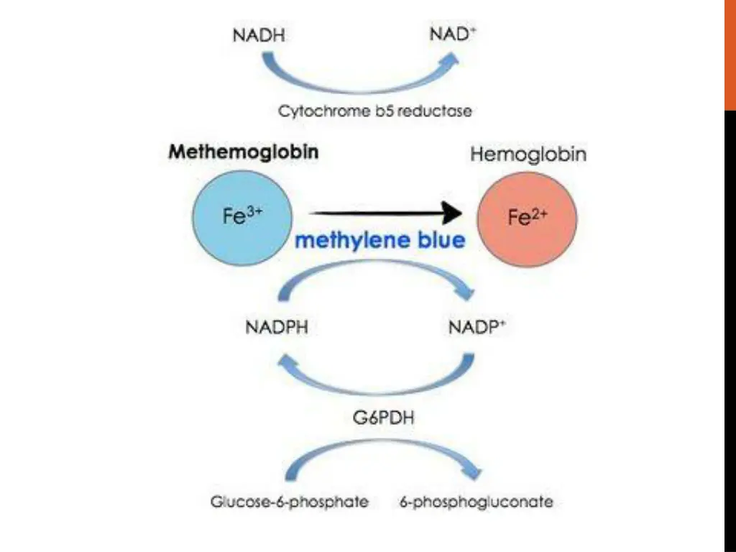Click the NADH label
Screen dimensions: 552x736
(259, 34)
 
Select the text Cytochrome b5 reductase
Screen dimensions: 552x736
(375, 111)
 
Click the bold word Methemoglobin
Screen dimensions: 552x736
(244, 152)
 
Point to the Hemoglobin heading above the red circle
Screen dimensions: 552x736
(528, 154)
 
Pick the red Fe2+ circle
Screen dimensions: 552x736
(528, 217)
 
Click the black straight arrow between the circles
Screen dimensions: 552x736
(385, 212)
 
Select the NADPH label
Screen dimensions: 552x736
(277, 328)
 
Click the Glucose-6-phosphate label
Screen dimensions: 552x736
(289, 502)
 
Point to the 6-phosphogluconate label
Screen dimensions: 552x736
(477, 502)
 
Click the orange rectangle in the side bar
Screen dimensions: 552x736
(730, 55)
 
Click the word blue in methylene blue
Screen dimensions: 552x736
(431, 241)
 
